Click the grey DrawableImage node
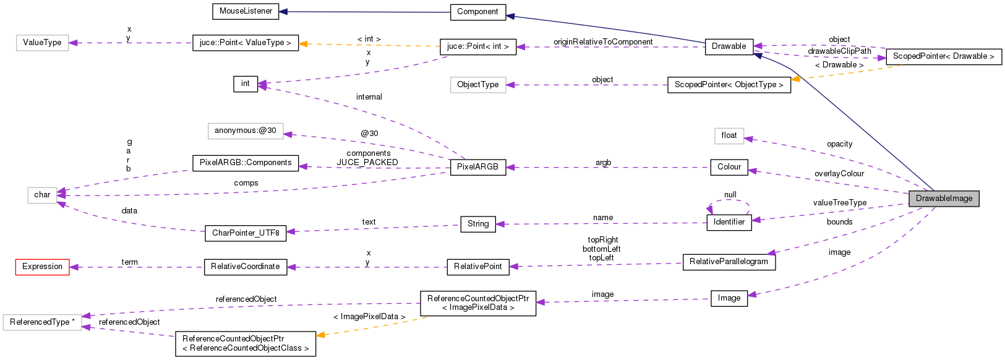tap(944, 199)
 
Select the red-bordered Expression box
tap(42, 267)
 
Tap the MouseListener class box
tap(246, 11)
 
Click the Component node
tap(477, 12)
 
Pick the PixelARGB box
tap(477, 167)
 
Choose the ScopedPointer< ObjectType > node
tap(729, 85)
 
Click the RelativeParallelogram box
tap(729, 262)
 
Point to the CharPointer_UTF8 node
tap(246, 233)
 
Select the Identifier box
tap(729, 222)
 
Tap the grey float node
tap(729, 135)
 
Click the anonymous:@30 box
tap(246, 131)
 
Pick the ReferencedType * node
tap(42, 322)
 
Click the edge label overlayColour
tap(839, 174)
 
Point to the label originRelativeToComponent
tap(602, 42)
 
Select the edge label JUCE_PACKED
tap(367, 163)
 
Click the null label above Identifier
tap(730, 195)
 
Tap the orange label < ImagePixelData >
tap(369, 317)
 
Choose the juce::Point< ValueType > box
tap(246, 43)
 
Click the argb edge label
tap(603, 163)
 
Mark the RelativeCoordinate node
tap(246, 267)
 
